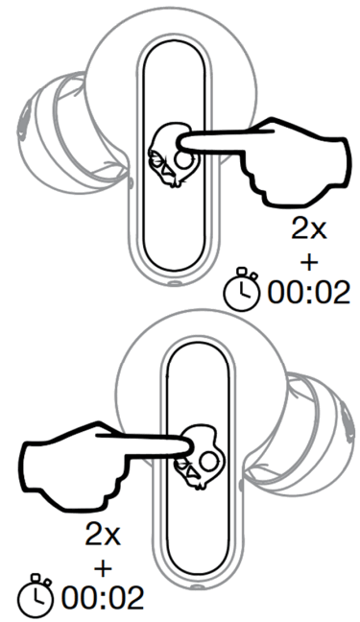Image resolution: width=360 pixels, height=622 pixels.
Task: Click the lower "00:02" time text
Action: pyautogui.click(x=102, y=597)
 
